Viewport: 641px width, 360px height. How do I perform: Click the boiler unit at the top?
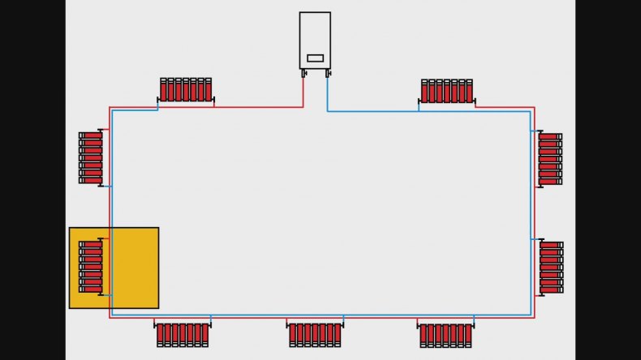315,36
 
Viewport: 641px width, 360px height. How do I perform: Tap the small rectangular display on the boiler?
315,58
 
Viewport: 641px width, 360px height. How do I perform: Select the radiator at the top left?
186,89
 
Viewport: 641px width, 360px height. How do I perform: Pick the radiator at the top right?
447,91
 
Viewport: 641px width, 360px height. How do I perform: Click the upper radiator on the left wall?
91,158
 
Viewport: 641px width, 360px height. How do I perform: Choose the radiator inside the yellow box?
91,267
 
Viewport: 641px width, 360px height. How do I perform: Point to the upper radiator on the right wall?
550,159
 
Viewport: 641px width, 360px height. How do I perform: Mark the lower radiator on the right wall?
551,267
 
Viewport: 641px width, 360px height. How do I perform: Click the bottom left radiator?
182,334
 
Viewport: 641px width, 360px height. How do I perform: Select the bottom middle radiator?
315,334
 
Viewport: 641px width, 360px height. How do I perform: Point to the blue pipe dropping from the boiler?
328,93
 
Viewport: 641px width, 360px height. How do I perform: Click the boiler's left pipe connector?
304,73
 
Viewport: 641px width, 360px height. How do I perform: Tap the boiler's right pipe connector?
328,73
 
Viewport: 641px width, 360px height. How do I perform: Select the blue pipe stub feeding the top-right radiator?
419,106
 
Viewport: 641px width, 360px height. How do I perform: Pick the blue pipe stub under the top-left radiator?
157,105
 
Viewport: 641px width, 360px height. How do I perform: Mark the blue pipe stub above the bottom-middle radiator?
343,318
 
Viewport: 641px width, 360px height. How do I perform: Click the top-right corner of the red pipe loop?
534,107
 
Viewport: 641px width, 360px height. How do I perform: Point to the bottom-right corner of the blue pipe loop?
531,315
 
